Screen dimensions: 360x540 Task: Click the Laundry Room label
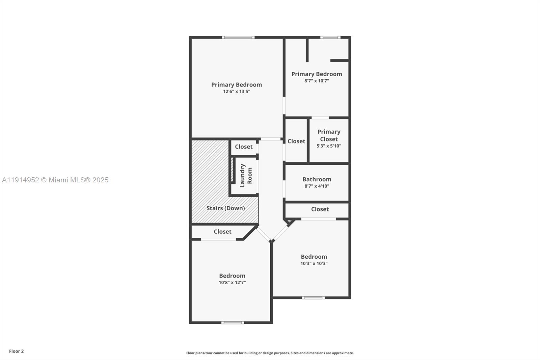[x=246, y=176]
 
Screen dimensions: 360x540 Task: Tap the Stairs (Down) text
[x=225, y=208]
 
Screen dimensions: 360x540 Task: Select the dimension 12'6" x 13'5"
[x=236, y=92]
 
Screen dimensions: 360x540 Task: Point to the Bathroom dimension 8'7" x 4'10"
[x=317, y=186]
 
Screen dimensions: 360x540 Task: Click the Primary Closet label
[x=329, y=135]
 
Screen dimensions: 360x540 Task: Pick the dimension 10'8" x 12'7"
[x=232, y=283]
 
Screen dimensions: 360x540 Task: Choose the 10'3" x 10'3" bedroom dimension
[x=314, y=263]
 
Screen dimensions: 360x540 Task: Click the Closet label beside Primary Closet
[x=296, y=141]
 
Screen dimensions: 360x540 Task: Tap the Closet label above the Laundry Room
[x=243, y=147]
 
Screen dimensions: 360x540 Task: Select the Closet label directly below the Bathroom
[x=320, y=209]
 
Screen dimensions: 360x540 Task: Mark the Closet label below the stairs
[x=222, y=232]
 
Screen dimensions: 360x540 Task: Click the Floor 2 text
[x=16, y=351]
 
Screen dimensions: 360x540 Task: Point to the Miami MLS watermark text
[x=55, y=180]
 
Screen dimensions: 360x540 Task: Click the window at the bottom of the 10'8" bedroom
[x=233, y=323]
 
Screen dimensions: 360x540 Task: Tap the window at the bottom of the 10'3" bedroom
[x=313, y=298]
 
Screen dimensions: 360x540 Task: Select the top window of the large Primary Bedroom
[x=238, y=37]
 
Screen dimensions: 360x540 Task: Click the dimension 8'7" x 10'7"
[x=317, y=81]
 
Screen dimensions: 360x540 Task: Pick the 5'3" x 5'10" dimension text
[x=329, y=146]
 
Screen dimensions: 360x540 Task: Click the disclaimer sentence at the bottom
[x=270, y=353]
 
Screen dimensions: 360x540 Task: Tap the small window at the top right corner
[x=330, y=37]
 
